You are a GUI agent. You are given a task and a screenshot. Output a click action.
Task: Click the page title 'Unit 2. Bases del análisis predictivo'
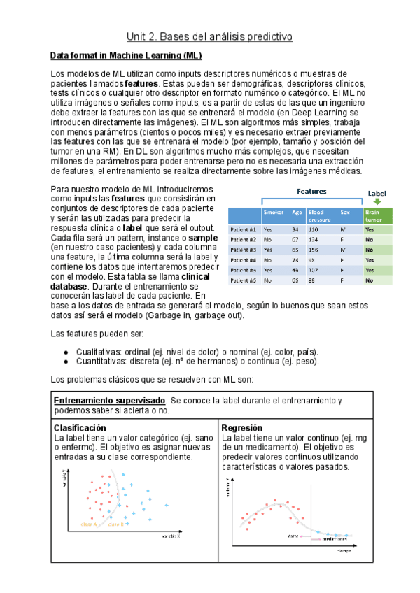209,36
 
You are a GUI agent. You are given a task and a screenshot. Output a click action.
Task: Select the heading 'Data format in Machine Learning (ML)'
127,55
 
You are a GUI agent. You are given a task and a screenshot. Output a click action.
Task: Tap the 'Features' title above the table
311,191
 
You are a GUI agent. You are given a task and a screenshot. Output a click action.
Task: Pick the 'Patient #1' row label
243,229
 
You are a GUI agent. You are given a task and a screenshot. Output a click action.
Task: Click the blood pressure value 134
314,239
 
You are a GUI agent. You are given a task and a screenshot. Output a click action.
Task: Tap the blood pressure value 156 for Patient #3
314,250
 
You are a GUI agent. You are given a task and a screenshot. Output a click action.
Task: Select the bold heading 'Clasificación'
80,427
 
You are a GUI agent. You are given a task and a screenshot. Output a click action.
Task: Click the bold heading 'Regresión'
241,427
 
